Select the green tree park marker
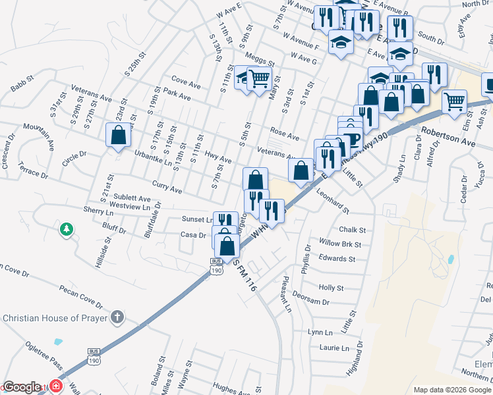66,229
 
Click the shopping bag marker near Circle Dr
119,135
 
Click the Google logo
22,387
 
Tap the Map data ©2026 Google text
452,390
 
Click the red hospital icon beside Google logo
55,386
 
